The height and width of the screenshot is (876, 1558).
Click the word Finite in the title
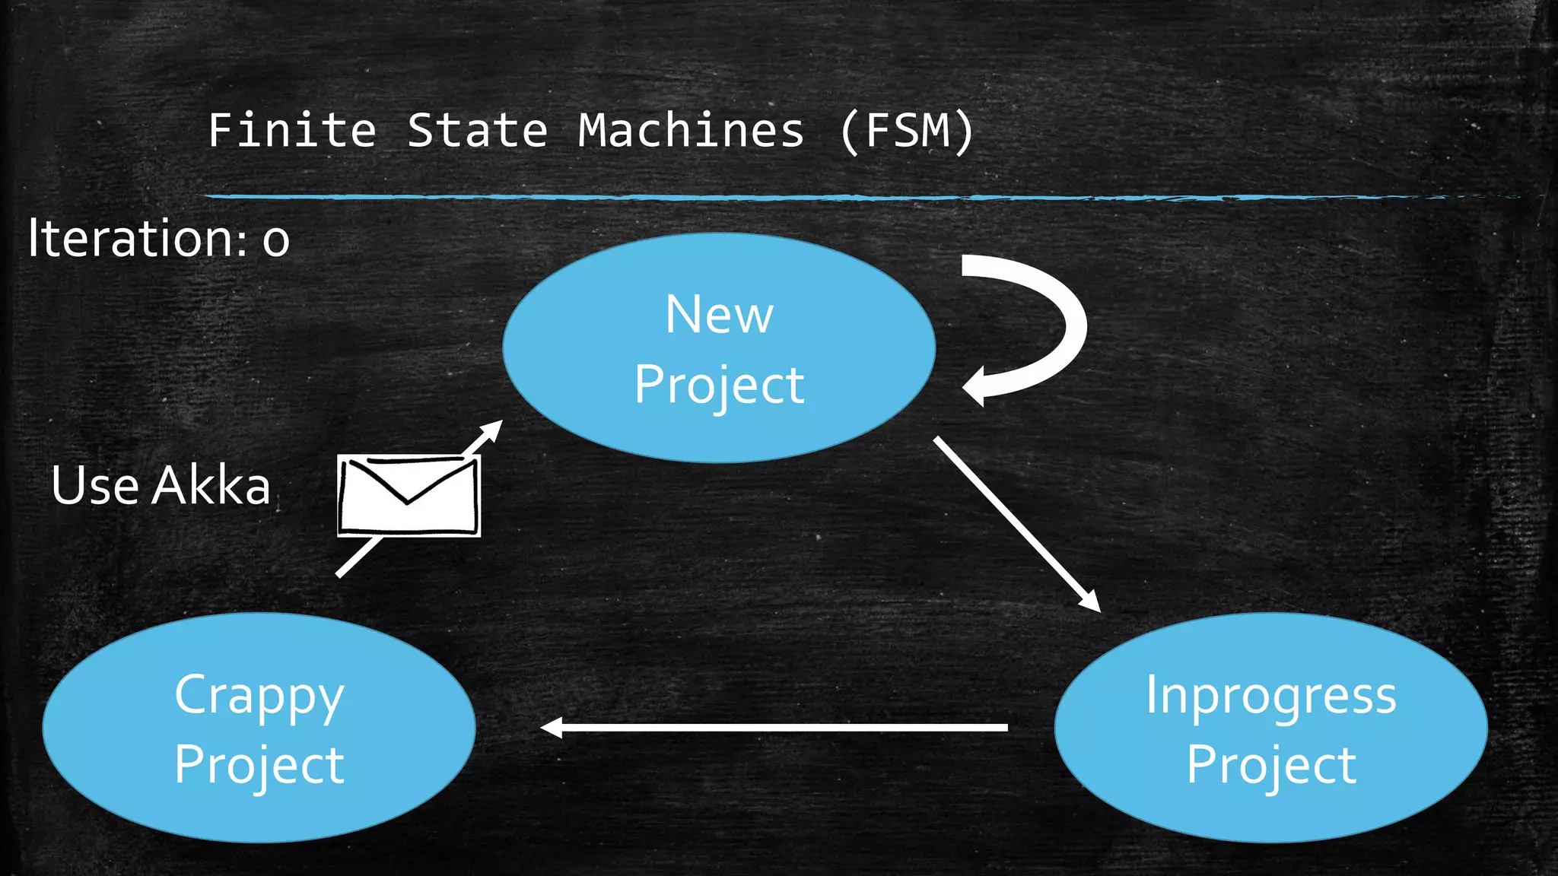(x=292, y=131)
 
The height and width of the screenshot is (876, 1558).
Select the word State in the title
(x=477, y=131)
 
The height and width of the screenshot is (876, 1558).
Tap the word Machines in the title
(x=690, y=131)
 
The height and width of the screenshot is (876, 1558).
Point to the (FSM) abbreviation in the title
(x=907, y=131)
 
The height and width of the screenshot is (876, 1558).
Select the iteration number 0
(x=275, y=241)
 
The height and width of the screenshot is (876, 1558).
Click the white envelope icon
(x=409, y=496)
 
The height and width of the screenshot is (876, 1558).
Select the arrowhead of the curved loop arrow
(x=975, y=386)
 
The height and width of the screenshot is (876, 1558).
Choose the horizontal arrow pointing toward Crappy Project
(x=776, y=728)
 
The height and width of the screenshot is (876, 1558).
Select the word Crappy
(x=259, y=696)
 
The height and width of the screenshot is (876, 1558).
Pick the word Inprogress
(x=1270, y=696)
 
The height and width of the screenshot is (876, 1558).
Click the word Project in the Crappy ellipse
(x=259, y=765)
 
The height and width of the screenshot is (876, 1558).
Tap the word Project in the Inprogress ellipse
(x=1270, y=765)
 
